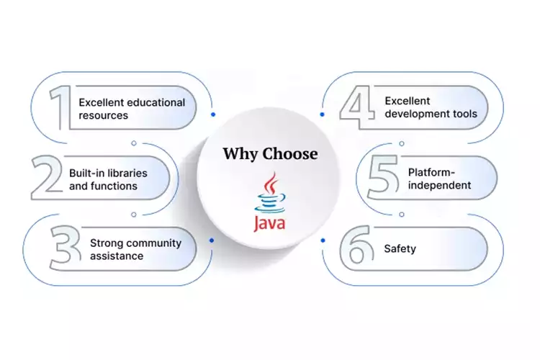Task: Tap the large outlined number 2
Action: [47, 179]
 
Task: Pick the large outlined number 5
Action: [382, 179]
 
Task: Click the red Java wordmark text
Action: [269, 222]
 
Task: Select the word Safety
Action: [400, 249]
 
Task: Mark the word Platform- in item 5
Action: [431, 173]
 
